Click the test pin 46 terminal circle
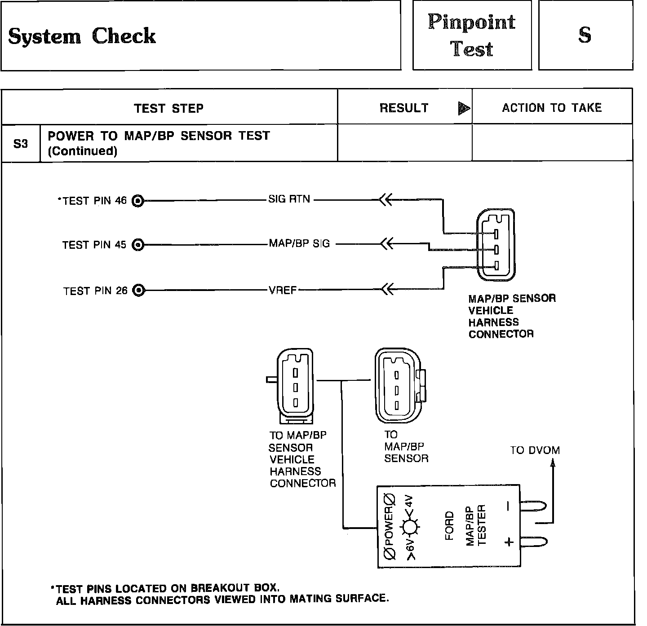click(138, 201)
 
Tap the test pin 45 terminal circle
click(138, 245)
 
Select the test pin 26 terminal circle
click(139, 291)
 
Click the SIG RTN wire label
click(289, 199)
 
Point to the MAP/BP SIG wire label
click(299, 243)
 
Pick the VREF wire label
click(283, 290)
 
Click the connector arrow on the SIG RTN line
click(386, 199)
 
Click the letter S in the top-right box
click(585, 35)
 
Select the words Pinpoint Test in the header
click(472, 35)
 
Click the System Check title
click(82, 36)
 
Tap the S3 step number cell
click(21, 144)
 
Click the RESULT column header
click(404, 108)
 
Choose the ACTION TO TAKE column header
click(552, 108)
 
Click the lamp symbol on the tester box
click(409, 527)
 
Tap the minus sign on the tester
click(508, 507)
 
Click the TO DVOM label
click(535, 450)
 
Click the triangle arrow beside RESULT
click(463, 108)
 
